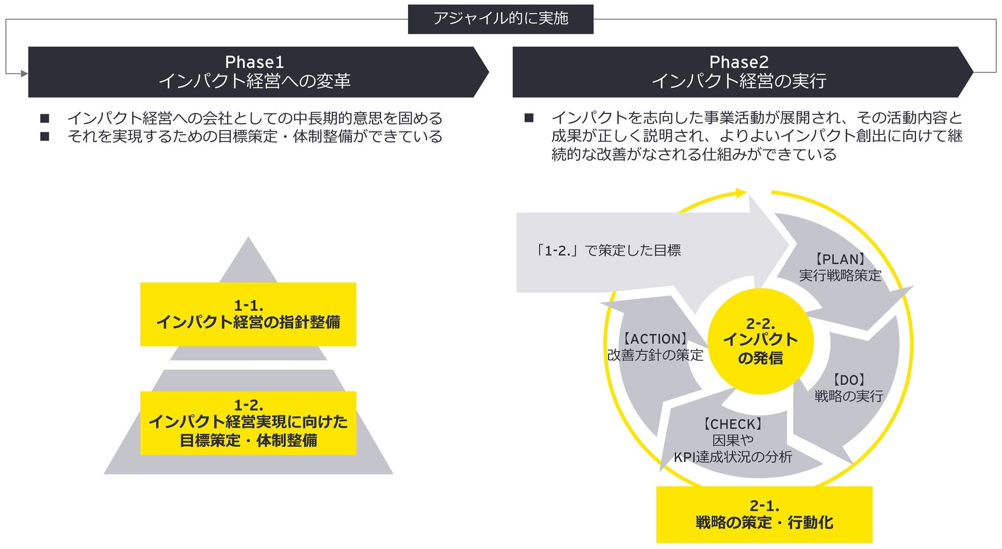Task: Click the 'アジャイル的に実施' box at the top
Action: click(501, 19)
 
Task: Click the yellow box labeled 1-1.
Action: click(248, 314)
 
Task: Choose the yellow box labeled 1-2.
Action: click(248, 423)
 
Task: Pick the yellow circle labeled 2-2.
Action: click(760, 341)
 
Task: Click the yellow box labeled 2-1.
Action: click(764, 514)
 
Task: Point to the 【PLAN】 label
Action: click(840, 259)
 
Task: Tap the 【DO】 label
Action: click(849, 380)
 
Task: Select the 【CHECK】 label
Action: click(732, 424)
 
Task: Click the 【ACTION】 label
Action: click(655, 339)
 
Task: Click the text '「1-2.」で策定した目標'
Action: click(607, 251)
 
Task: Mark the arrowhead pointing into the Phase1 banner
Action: click(24, 73)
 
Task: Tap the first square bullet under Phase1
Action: click(45, 118)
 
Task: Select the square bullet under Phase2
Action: click(529, 118)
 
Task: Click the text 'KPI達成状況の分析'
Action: click(733, 457)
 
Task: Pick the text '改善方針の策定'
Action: click(655, 355)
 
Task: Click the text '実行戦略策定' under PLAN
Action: click(840, 275)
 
